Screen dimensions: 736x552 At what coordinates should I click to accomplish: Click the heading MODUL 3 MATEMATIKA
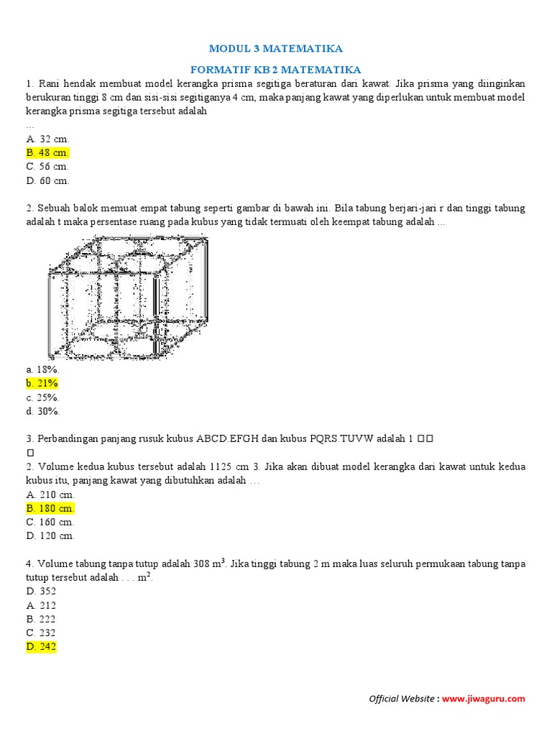point(275,49)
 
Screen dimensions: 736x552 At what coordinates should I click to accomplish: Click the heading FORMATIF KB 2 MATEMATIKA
point(275,70)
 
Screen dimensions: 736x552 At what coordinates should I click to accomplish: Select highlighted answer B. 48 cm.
point(47,153)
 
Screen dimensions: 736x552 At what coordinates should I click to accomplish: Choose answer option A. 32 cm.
point(47,139)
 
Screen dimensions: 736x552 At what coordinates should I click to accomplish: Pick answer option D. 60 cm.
point(47,181)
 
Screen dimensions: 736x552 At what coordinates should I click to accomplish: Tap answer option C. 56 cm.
point(47,167)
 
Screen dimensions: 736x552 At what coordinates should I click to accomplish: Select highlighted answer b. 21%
point(42,383)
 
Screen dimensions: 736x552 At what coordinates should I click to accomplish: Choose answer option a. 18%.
point(42,369)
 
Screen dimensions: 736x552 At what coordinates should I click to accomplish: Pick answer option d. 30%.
point(42,411)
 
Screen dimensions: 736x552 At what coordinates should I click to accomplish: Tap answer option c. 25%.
point(42,397)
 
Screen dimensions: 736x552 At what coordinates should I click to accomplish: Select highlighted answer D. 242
point(41,647)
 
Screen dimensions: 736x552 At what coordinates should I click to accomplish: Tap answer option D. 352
point(41,591)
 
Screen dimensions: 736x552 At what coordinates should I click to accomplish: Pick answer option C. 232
point(41,632)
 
